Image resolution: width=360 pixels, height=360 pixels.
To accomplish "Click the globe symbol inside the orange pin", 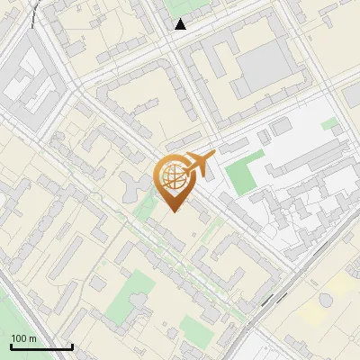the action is coord(171,177).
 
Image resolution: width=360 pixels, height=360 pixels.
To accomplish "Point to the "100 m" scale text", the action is coord(23,338).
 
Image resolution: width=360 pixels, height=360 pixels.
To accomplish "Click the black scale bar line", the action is coord(41,346).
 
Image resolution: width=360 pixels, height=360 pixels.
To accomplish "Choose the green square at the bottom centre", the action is coord(193,327).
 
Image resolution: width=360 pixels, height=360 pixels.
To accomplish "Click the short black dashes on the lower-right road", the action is coord(270,301).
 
